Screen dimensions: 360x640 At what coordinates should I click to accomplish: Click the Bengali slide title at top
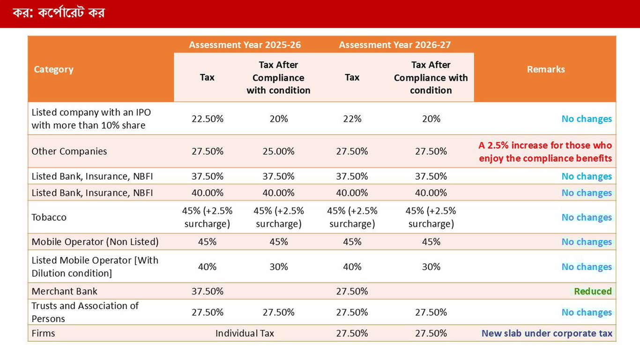[59, 13]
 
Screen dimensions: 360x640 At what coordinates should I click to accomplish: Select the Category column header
[54, 69]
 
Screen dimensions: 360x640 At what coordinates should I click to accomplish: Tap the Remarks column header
[546, 69]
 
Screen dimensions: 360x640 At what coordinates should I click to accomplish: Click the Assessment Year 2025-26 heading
[245, 45]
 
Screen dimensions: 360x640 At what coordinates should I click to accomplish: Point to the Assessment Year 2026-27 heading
[394, 45]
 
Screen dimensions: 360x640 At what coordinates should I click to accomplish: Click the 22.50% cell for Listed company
[208, 119]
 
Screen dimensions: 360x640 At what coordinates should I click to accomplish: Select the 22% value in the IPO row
[352, 119]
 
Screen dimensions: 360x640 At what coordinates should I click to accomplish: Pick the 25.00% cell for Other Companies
[278, 151]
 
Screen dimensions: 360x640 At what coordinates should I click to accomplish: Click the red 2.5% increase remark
[545, 152]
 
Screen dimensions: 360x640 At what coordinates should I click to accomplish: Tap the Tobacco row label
[49, 217]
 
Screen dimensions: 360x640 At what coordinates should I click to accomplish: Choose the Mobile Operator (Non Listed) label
[95, 242]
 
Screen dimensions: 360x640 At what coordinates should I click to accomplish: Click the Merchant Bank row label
[65, 291]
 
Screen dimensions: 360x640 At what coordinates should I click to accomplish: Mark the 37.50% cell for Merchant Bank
[208, 291]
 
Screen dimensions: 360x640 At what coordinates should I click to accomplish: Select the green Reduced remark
[593, 291]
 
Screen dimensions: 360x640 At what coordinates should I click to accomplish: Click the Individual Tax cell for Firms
[245, 333]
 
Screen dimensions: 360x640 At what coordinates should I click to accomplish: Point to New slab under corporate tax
[547, 333]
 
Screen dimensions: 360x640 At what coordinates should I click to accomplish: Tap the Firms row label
[43, 333]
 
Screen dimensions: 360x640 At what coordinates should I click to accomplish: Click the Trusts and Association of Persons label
[85, 312]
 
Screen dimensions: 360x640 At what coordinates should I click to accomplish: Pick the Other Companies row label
[69, 151]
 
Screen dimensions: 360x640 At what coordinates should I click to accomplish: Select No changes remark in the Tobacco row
[587, 217]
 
